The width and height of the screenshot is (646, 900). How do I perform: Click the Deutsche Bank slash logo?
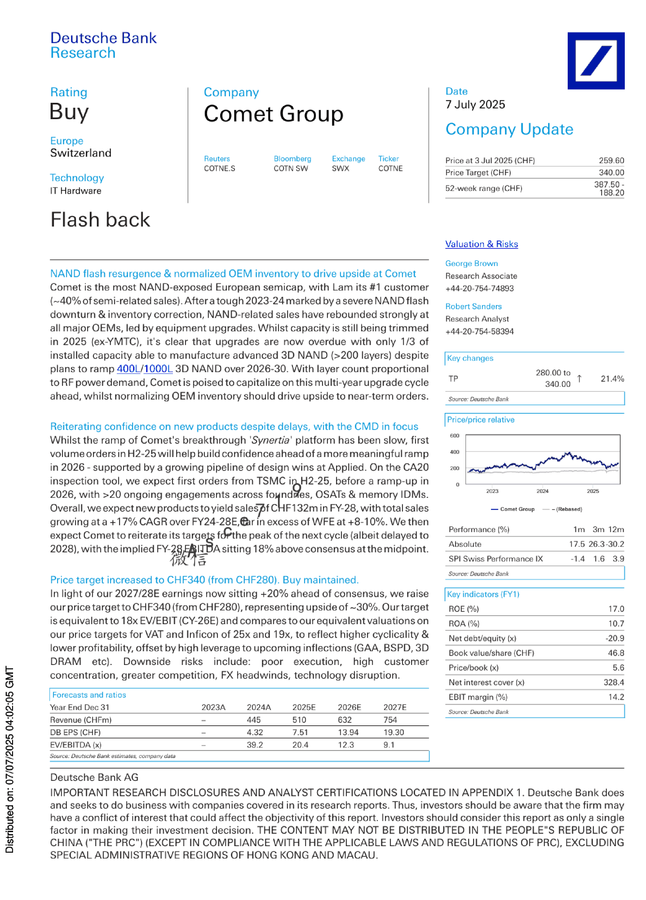[x=595, y=60]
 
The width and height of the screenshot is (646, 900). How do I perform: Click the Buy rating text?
[x=69, y=112]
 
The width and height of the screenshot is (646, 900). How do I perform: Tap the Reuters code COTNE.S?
[x=219, y=169]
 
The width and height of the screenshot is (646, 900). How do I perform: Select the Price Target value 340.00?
[x=611, y=172]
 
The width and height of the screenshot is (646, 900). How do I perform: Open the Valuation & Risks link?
[x=481, y=244]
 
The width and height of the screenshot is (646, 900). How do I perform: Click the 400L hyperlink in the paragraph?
[x=128, y=369]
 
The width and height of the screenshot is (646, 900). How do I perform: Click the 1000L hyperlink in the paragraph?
[x=158, y=369]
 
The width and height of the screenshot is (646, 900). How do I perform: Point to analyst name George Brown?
[x=471, y=263]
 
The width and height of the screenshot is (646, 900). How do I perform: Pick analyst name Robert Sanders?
[x=473, y=306]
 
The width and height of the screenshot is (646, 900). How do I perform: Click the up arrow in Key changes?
[x=580, y=378]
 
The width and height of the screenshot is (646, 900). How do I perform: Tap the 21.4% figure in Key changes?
[x=612, y=379]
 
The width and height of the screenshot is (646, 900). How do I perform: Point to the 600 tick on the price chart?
[x=455, y=436]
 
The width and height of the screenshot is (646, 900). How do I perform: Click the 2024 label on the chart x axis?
[x=542, y=491]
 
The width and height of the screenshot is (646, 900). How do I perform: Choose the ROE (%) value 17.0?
[x=616, y=609]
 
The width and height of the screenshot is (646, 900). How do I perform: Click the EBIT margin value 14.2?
[x=616, y=697]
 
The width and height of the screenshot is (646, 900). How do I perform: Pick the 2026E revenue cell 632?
[x=345, y=720]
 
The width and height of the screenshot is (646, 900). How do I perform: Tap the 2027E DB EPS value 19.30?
[x=394, y=732]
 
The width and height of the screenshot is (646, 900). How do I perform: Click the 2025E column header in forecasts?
[x=304, y=707]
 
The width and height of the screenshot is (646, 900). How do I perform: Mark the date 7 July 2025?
[x=475, y=104]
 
